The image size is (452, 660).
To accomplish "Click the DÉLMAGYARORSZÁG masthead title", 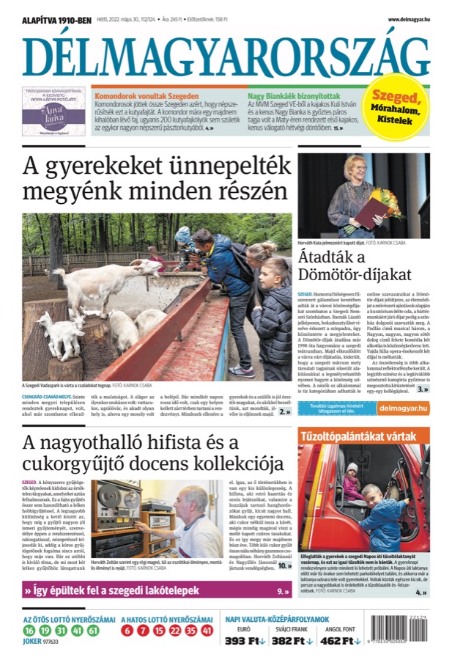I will coord(226,56).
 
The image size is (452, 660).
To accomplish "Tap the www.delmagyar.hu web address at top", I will coord(409,20).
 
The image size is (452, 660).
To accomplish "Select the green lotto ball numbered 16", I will coord(29,631).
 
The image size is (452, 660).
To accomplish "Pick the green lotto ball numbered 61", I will coord(94,631).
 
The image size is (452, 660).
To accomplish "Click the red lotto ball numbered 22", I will coord(174,631).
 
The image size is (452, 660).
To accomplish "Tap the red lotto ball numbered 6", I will coord(127,631).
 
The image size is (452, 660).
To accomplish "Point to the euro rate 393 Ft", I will coord(245,641).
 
